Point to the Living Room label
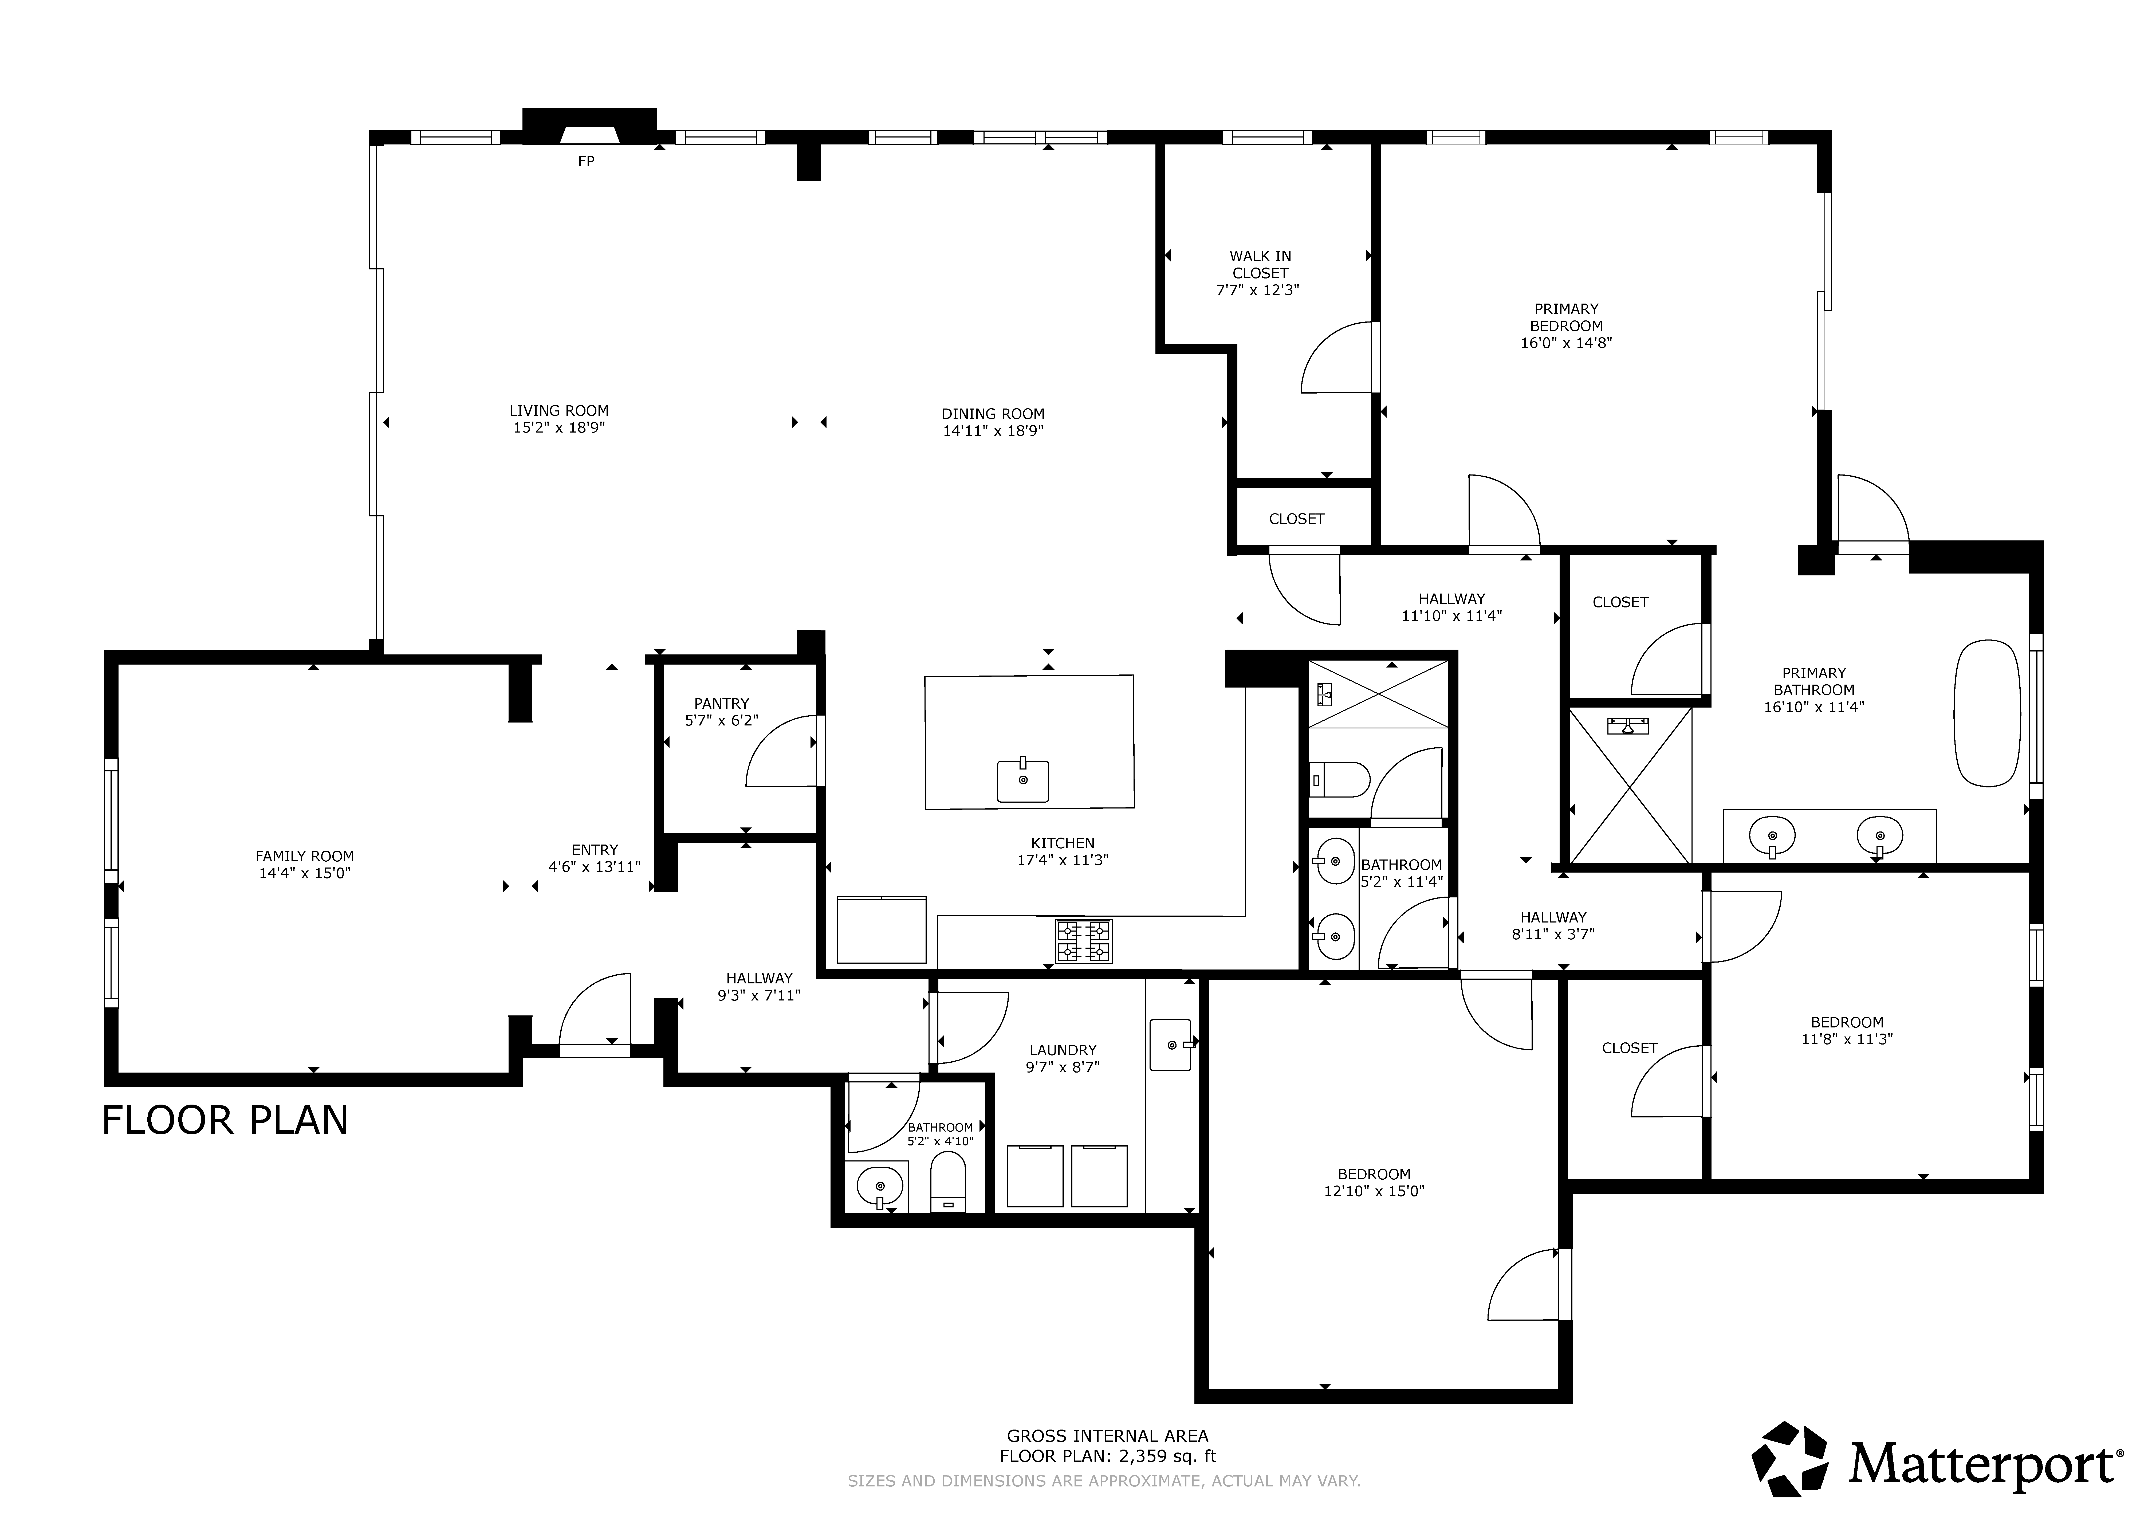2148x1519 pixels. pyautogui.click(x=558, y=410)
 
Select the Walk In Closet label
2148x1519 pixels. pyautogui.click(x=1260, y=264)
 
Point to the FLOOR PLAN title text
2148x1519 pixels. pyautogui.click(x=225, y=1120)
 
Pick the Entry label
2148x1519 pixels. pyautogui.click(x=595, y=850)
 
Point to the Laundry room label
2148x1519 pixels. pyautogui.click(x=1063, y=1050)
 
